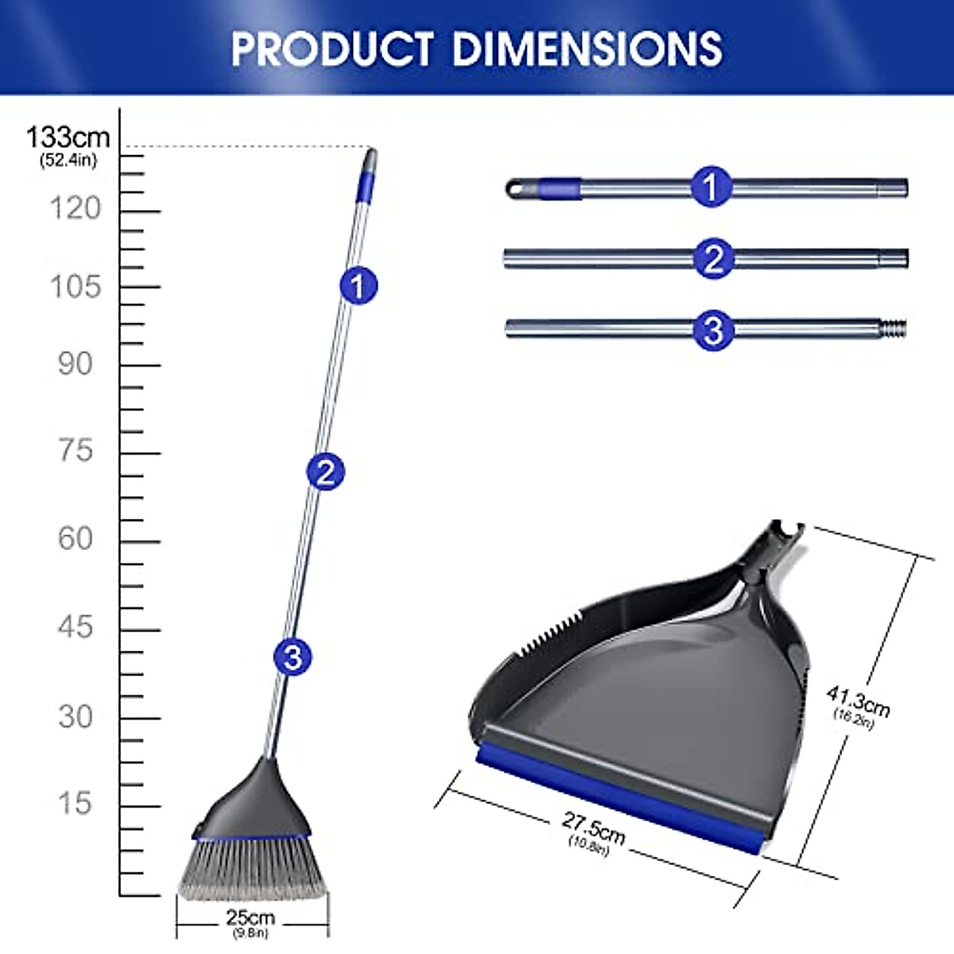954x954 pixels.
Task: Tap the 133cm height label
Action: [x=68, y=138]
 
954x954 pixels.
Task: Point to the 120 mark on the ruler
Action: [x=76, y=208]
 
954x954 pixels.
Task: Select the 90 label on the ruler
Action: [x=75, y=364]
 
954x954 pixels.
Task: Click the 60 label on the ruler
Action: [x=75, y=539]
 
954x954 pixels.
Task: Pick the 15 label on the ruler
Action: [x=75, y=803]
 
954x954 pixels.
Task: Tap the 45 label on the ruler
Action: [x=75, y=627]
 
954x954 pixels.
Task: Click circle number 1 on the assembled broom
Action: [x=359, y=285]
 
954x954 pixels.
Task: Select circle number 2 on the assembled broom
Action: [x=325, y=472]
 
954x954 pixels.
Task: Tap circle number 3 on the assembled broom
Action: [x=293, y=657]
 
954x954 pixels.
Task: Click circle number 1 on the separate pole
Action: [x=711, y=188]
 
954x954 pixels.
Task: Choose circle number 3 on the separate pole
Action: [x=713, y=329]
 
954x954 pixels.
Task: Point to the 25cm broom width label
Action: [x=250, y=919]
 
